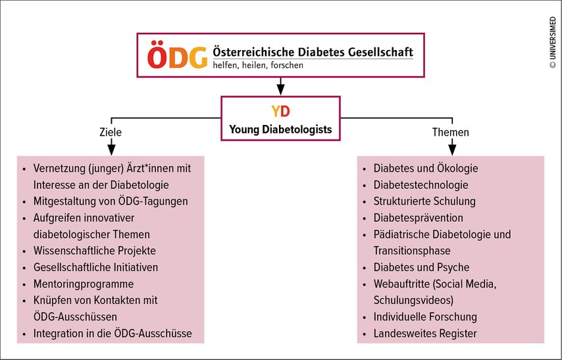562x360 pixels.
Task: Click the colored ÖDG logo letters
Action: pos(177,55)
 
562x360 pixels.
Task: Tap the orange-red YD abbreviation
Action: pos(280,111)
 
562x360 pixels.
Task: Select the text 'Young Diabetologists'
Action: pos(280,129)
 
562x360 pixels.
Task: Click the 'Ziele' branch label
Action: pos(111,132)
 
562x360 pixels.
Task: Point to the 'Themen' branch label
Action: pos(451,132)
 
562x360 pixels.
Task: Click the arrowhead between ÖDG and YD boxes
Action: pos(280,90)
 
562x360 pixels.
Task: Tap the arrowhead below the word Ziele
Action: pos(111,149)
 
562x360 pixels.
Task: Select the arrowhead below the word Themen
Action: pos(452,149)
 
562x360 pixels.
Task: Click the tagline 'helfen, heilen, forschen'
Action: pos(258,65)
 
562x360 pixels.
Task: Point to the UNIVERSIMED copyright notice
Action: pos(553,43)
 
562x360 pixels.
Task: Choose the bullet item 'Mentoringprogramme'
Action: pos(84,284)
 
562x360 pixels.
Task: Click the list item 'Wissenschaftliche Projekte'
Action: pos(95,251)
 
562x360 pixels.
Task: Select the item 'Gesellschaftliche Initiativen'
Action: pos(95,267)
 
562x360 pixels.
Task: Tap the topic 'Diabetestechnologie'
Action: pos(421,185)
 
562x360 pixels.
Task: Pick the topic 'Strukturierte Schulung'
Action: pos(424,201)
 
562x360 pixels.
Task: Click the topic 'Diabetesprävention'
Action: pos(419,218)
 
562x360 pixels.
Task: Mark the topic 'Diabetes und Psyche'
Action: pos(421,267)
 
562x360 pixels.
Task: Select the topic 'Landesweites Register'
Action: pos(425,334)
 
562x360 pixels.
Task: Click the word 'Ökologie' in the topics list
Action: pos(457,168)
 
